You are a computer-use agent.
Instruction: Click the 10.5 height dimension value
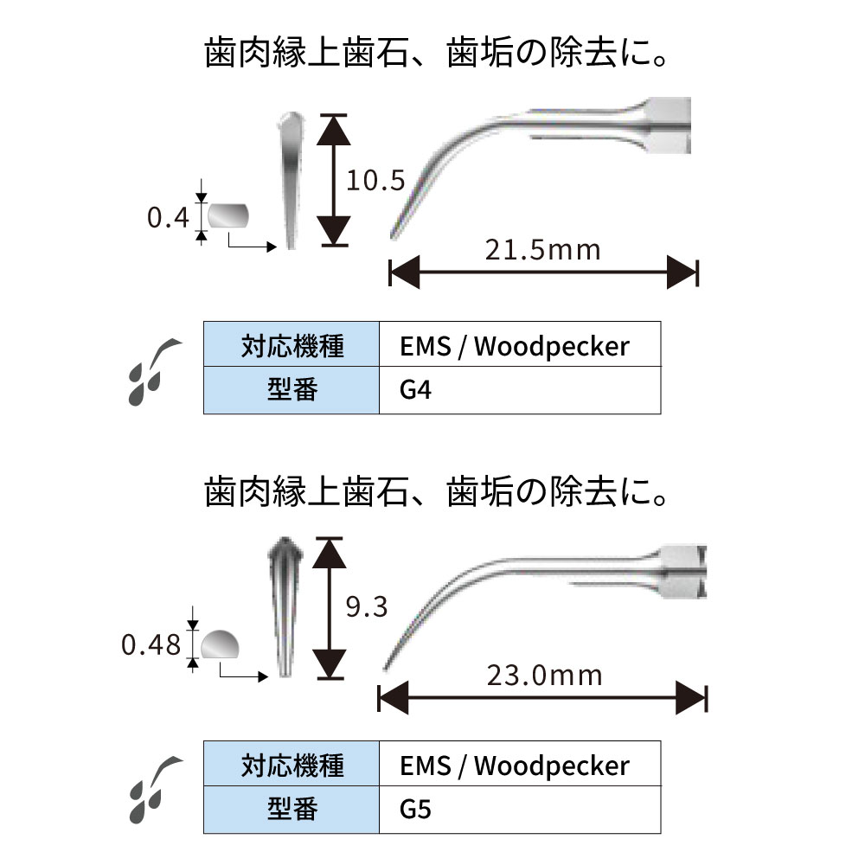click(x=375, y=181)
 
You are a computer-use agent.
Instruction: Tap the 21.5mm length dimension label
click(x=542, y=251)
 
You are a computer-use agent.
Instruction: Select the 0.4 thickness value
click(x=167, y=218)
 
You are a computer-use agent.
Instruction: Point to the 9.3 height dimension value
click(x=366, y=607)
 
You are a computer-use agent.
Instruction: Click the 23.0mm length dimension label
click(x=544, y=675)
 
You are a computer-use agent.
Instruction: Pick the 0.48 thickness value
click(x=152, y=644)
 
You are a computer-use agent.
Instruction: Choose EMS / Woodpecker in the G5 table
click(x=515, y=765)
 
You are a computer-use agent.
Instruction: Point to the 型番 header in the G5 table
click(x=292, y=810)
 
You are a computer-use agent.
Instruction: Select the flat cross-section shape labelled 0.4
click(x=227, y=215)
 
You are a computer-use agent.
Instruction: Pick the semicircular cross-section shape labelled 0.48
click(x=221, y=644)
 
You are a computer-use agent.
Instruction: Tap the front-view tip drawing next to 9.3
click(x=284, y=605)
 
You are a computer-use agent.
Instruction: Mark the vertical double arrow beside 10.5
click(x=333, y=180)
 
